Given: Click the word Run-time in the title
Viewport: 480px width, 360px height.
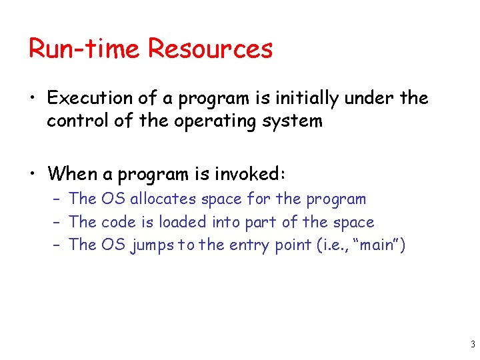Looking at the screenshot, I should (84, 49).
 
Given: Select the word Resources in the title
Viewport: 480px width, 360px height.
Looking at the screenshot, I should (210, 49).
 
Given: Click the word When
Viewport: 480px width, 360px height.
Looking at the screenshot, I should (72, 174).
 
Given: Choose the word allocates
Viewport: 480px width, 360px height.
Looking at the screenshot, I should (163, 199).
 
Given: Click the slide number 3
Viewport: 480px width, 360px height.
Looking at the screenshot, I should (472, 345).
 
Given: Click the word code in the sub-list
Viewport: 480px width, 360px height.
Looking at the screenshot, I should (116, 222).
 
